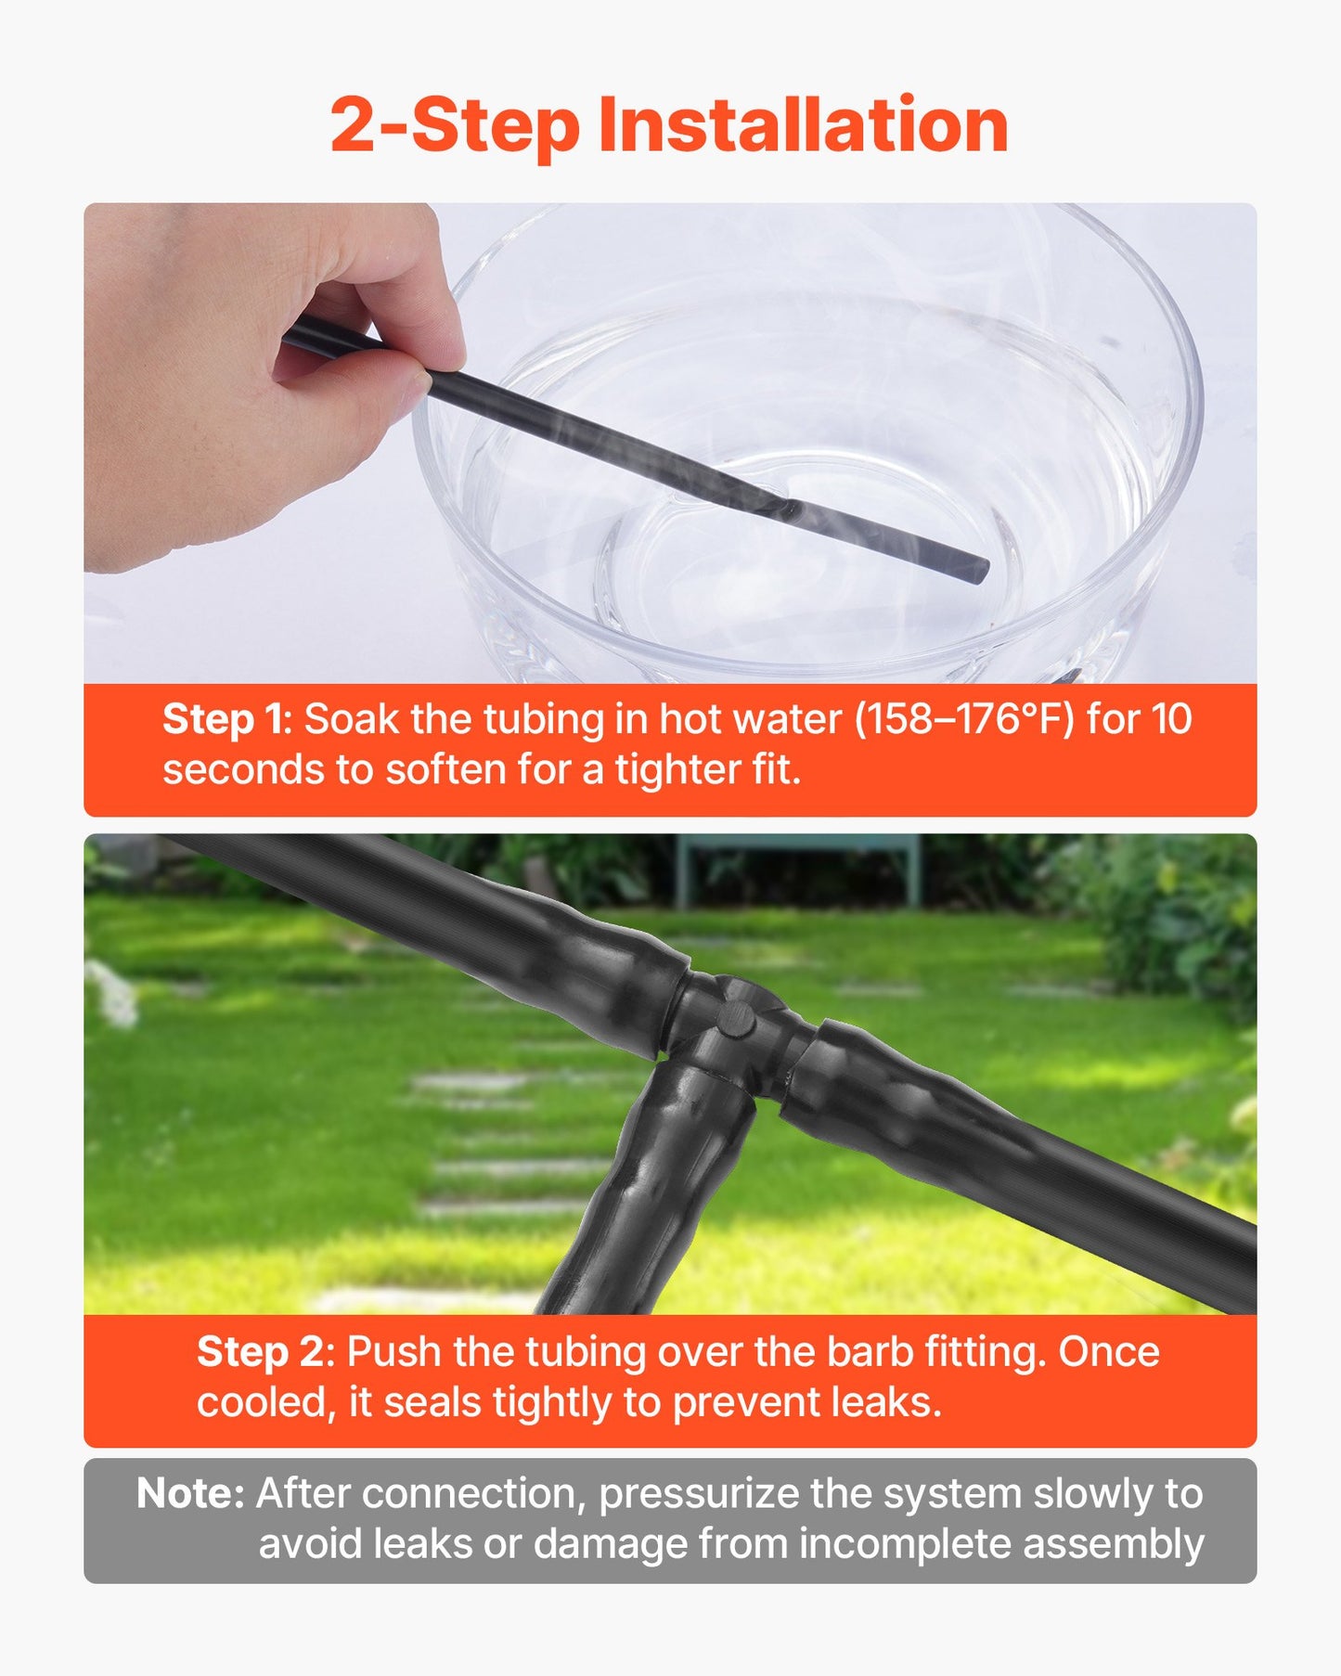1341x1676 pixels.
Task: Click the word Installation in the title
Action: [804, 125]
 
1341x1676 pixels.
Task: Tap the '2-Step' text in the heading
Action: [455, 127]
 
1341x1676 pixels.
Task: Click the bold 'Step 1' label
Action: [226, 720]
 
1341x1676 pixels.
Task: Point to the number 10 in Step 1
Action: [1171, 720]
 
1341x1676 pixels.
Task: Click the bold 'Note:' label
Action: [190, 1494]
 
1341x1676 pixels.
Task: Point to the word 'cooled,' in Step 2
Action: [264, 1402]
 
